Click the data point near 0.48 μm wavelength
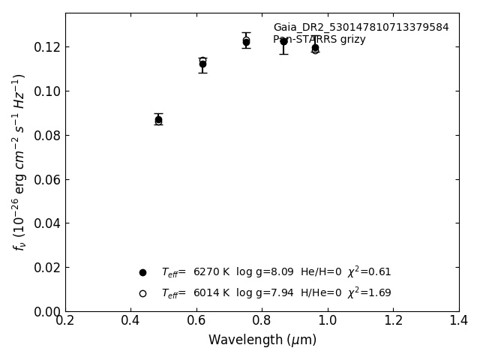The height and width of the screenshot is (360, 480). [158, 119]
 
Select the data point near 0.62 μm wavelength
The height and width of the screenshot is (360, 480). [202, 64]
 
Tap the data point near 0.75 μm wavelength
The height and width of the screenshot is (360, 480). [246, 42]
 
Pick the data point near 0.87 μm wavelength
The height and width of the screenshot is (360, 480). [283, 41]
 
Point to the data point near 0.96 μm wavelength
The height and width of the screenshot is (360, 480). [315, 48]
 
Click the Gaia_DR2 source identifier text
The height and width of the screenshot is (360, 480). [361, 28]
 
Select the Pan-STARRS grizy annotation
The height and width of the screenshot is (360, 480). [319, 40]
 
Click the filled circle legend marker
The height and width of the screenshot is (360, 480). [142, 272]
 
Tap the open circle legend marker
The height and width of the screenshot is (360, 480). [142, 293]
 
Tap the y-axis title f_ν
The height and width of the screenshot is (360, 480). [19, 162]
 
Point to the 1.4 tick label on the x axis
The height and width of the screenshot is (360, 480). [458, 321]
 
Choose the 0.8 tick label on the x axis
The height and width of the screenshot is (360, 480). [262, 321]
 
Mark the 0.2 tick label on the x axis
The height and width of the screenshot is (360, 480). [65, 321]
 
